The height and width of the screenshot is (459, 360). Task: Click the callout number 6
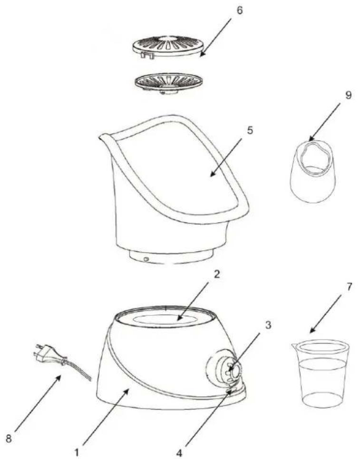[239, 10]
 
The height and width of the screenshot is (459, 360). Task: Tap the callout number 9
[348, 96]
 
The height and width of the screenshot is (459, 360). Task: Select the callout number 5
[250, 130]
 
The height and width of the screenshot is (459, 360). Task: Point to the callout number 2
[217, 274]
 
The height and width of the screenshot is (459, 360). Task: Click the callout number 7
[348, 287]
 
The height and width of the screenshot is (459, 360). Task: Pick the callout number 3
[268, 325]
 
